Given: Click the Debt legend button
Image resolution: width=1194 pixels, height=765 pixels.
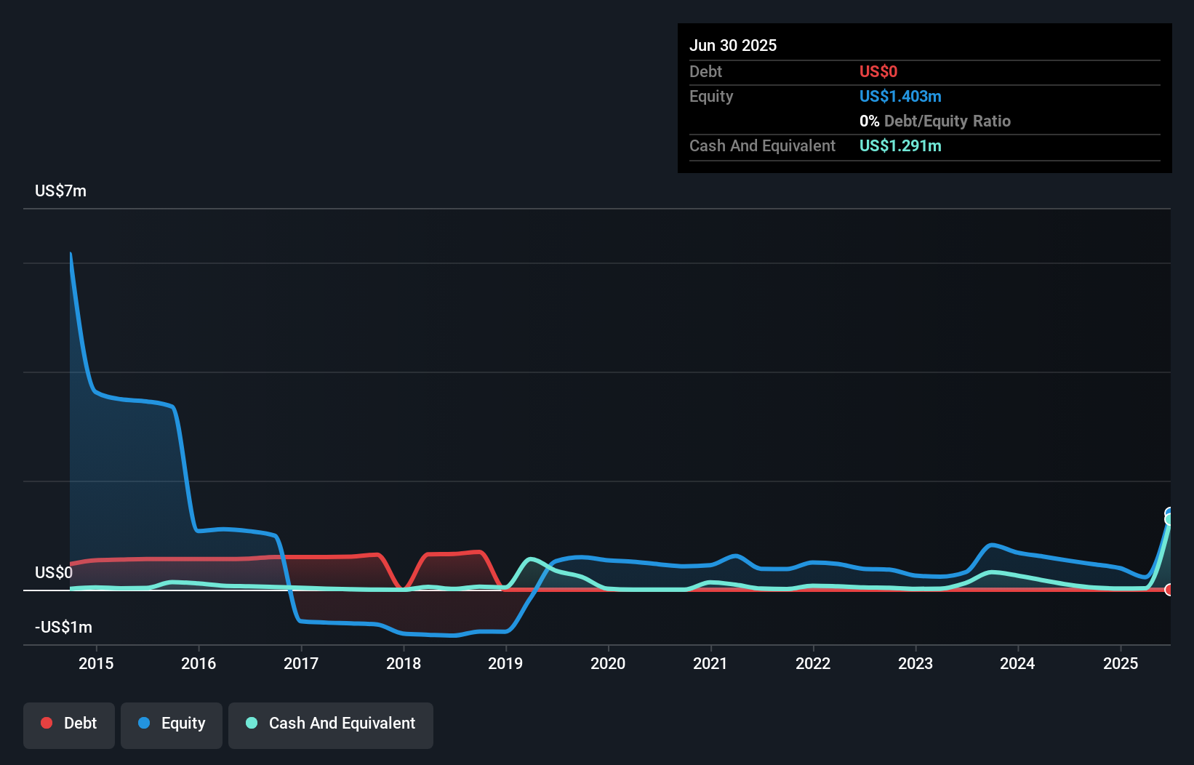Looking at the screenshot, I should tap(69, 724).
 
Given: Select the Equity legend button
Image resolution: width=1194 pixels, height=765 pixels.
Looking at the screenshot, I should tap(172, 724).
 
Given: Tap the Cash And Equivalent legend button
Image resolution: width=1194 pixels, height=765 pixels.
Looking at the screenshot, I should tap(331, 724).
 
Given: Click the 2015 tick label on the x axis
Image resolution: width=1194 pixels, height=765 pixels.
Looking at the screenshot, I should tap(96, 663).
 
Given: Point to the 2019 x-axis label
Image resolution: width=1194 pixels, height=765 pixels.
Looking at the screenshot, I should tap(505, 663).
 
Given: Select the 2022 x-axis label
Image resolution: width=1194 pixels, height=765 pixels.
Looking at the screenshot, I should tap(813, 663).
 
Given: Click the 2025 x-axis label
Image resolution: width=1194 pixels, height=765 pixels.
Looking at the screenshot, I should tap(1121, 663).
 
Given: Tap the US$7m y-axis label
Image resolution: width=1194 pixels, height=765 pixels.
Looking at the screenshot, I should tap(60, 191).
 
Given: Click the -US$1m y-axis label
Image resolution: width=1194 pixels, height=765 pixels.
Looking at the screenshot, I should tap(63, 627).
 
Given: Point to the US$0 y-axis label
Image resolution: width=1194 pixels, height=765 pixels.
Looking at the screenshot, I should tap(54, 572).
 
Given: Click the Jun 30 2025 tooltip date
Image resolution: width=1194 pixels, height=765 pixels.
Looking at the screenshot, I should tap(733, 45).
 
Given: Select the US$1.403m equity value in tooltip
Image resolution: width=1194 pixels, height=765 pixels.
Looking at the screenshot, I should tap(900, 96).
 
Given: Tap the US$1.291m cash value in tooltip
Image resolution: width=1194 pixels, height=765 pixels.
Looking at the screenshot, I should tap(900, 145).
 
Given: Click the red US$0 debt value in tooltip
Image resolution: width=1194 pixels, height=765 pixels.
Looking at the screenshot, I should tap(878, 71).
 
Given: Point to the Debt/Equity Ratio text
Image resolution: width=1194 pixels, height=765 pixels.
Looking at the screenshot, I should tap(947, 121).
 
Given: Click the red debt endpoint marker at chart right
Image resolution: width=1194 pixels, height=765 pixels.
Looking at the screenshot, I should tap(1169, 590).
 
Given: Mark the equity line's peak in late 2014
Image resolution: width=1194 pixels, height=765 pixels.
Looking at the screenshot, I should tap(71, 254).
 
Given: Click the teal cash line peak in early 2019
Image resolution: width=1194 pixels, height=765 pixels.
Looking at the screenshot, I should tap(531, 559).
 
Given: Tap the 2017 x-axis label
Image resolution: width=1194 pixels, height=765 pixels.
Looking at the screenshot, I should tap(301, 663).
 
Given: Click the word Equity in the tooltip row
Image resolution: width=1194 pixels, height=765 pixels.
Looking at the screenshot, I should tap(711, 96).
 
